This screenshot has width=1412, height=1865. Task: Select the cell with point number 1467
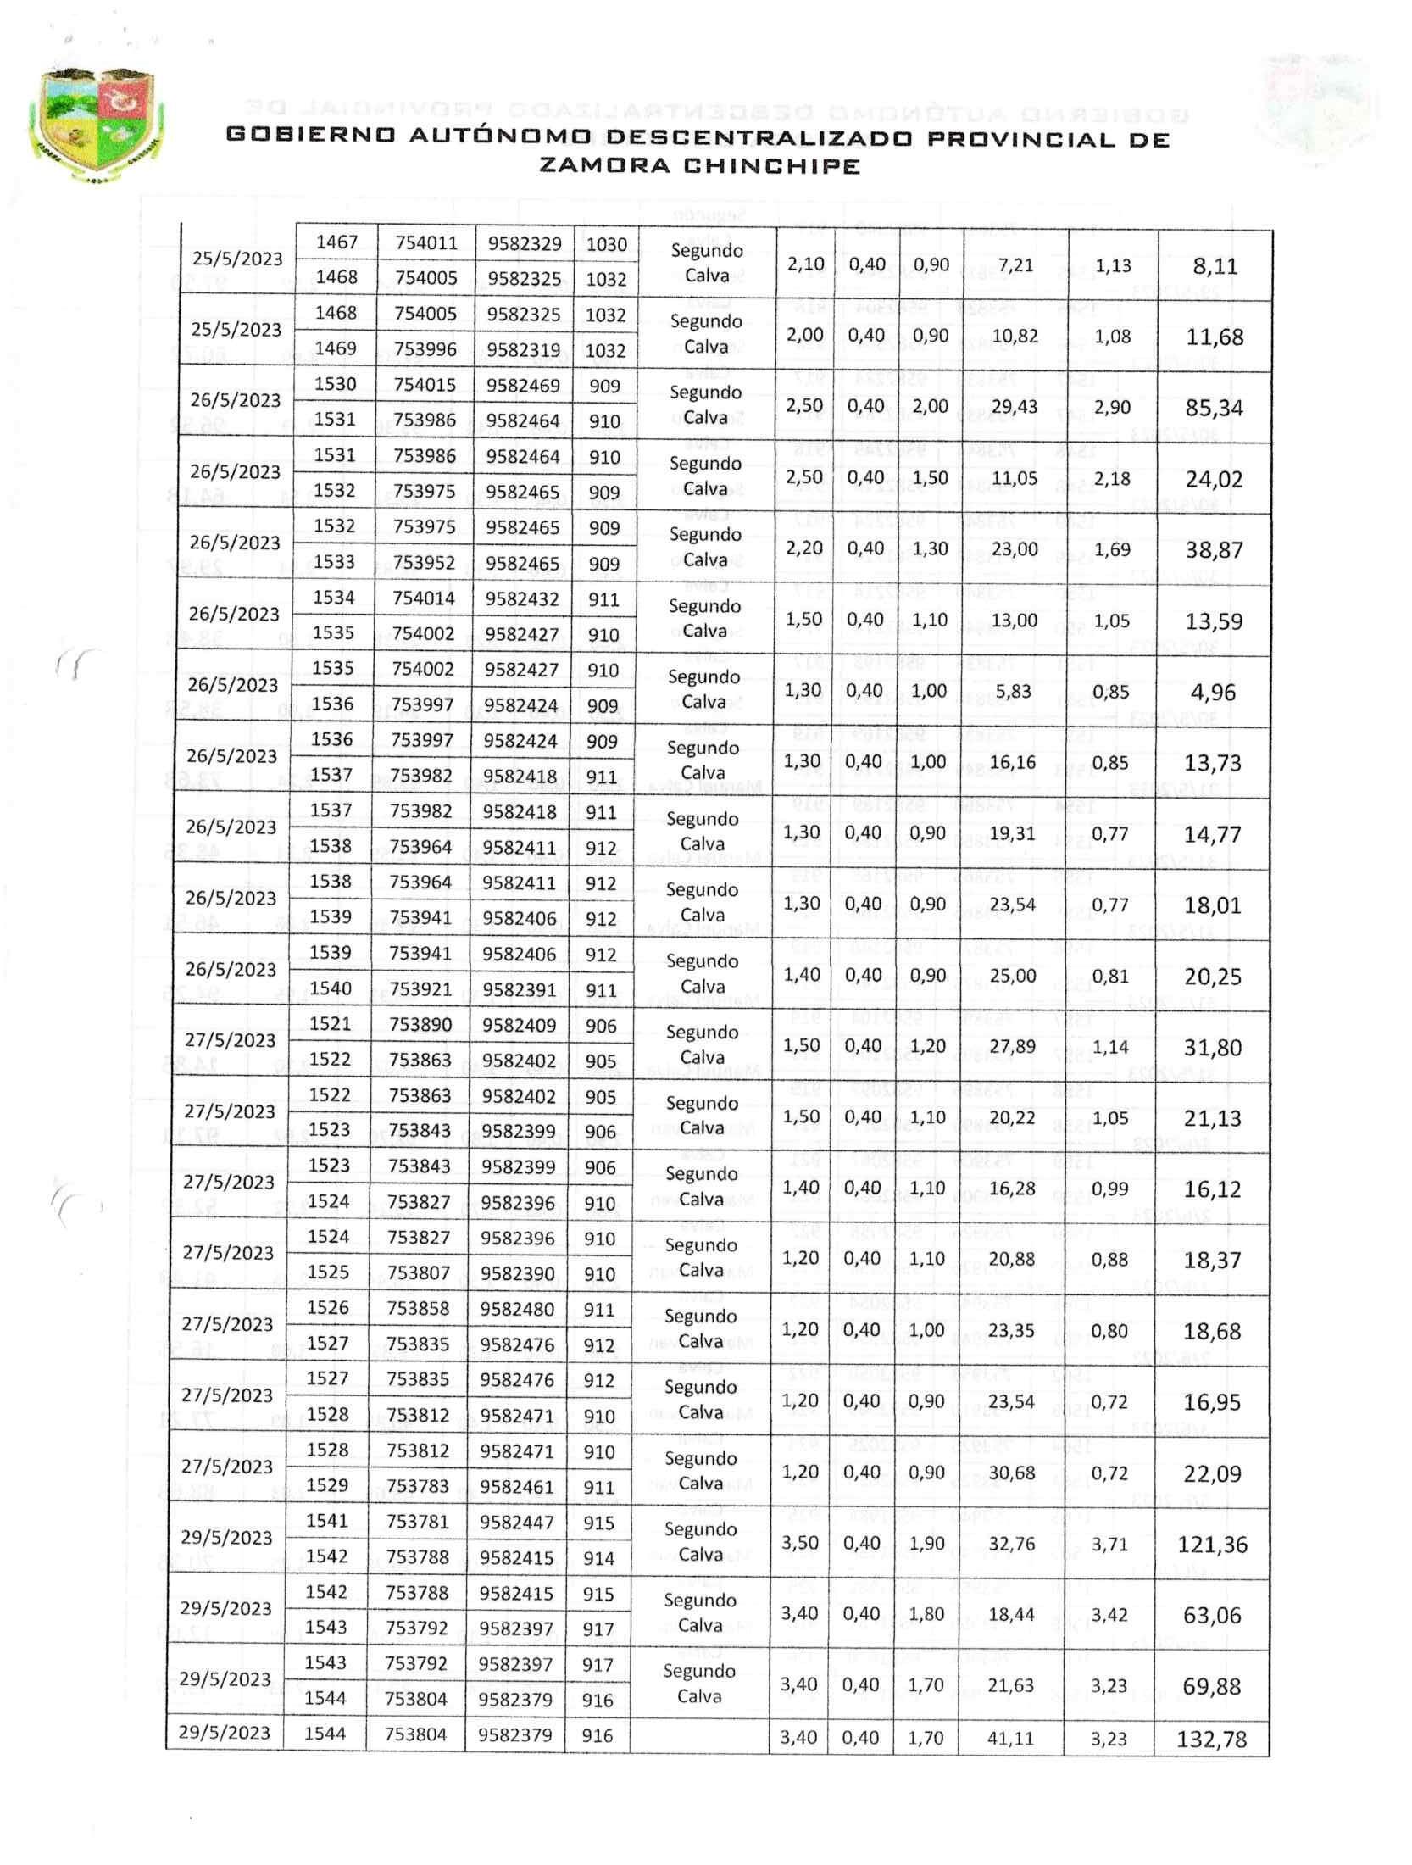[336, 243]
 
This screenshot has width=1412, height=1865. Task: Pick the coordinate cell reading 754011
[426, 243]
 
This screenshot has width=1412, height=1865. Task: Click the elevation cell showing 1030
[606, 245]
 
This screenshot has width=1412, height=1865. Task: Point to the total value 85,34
[1215, 408]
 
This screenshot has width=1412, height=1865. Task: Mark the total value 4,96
[1213, 693]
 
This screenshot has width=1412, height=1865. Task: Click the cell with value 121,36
[1213, 1545]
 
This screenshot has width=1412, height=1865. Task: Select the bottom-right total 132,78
[1211, 1740]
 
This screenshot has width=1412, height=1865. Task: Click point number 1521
[331, 1024]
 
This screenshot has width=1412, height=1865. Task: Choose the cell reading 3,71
[1109, 1544]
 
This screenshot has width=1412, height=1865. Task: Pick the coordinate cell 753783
[416, 1486]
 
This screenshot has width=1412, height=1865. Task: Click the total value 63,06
[1212, 1616]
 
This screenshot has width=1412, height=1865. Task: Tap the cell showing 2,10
[805, 265]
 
